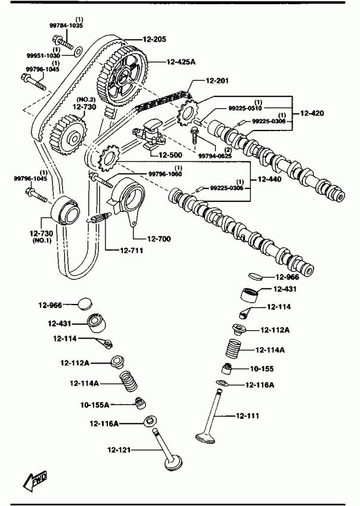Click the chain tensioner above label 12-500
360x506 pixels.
(x=153, y=132)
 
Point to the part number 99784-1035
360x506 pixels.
(x=66, y=27)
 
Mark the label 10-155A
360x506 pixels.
(x=95, y=405)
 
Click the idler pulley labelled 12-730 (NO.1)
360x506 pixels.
(x=64, y=213)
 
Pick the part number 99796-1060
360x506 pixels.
(x=165, y=173)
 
